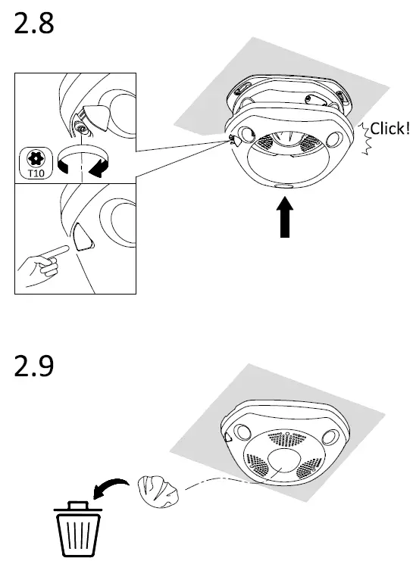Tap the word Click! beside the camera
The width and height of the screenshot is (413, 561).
point(390,128)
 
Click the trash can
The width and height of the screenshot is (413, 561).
point(75,530)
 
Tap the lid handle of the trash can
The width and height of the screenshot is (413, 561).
point(75,503)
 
